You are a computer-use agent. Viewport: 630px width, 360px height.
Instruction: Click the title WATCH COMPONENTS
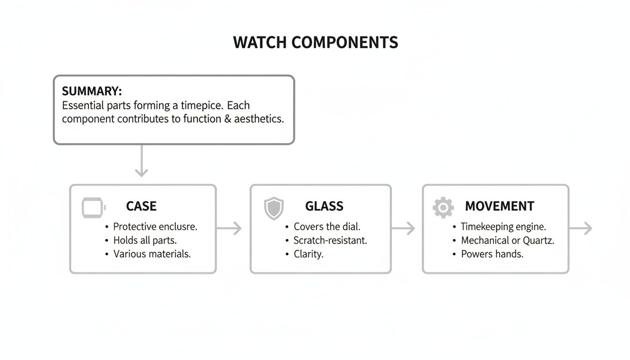[x=315, y=43]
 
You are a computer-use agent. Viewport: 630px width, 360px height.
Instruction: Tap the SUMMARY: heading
[x=92, y=91]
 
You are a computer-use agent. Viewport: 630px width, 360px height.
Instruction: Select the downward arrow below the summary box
[x=141, y=161]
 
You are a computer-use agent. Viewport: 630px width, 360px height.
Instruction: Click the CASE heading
[x=141, y=206]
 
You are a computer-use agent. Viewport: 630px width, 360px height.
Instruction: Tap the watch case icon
[x=93, y=207]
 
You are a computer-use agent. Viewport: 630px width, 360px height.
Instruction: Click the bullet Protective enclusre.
[x=155, y=227]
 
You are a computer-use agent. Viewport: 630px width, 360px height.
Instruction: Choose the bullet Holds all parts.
[x=145, y=240]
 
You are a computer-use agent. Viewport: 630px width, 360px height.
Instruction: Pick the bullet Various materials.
[x=152, y=254]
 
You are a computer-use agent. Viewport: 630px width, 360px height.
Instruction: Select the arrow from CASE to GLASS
[x=229, y=228]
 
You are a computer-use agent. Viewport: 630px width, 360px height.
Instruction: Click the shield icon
[x=274, y=208]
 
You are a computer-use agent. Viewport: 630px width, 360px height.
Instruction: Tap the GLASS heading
[x=324, y=206]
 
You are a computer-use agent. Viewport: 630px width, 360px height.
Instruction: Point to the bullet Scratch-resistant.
[x=330, y=240]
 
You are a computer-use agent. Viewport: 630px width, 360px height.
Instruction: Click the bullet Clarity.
[x=308, y=254]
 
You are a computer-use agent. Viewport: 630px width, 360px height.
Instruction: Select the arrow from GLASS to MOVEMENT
[x=403, y=228]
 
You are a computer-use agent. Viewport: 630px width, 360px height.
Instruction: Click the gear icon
[x=443, y=207]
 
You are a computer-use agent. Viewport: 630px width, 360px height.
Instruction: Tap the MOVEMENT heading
[x=499, y=206]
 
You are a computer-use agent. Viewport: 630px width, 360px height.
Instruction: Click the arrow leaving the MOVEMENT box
[x=581, y=228]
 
